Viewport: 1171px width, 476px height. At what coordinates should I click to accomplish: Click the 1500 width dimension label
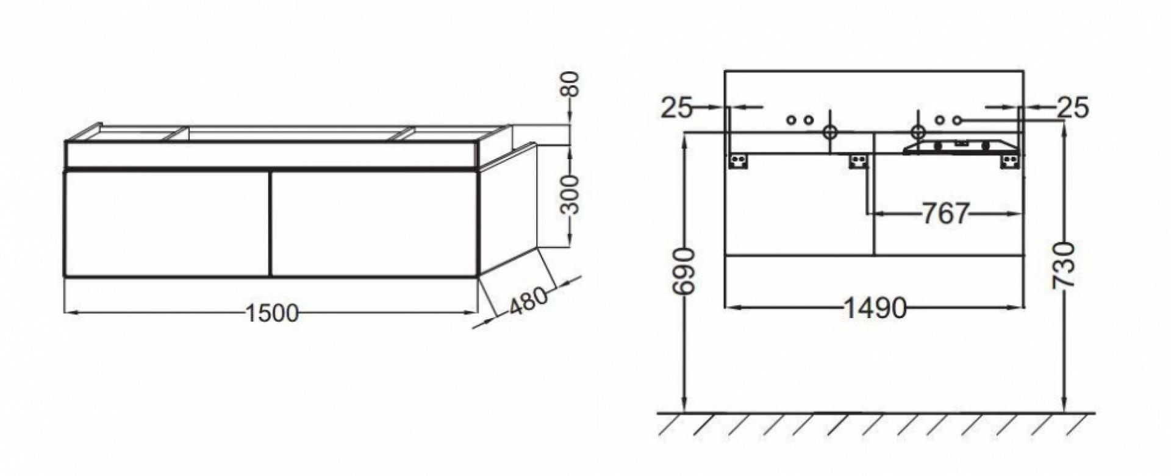click(x=272, y=313)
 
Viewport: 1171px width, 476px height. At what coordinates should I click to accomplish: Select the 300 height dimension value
click(x=570, y=194)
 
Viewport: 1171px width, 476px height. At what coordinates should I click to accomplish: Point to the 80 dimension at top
click(x=570, y=85)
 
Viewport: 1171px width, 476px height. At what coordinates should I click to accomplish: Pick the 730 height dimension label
click(x=1063, y=265)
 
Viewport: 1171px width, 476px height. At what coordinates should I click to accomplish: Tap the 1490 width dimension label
click(x=875, y=308)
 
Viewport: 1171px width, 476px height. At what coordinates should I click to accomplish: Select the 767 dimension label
click(x=945, y=213)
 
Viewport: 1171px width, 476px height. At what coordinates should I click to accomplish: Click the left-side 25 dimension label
click(x=677, y=108)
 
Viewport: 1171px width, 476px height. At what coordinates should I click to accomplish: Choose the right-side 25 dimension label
click(x=1073, y=108)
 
